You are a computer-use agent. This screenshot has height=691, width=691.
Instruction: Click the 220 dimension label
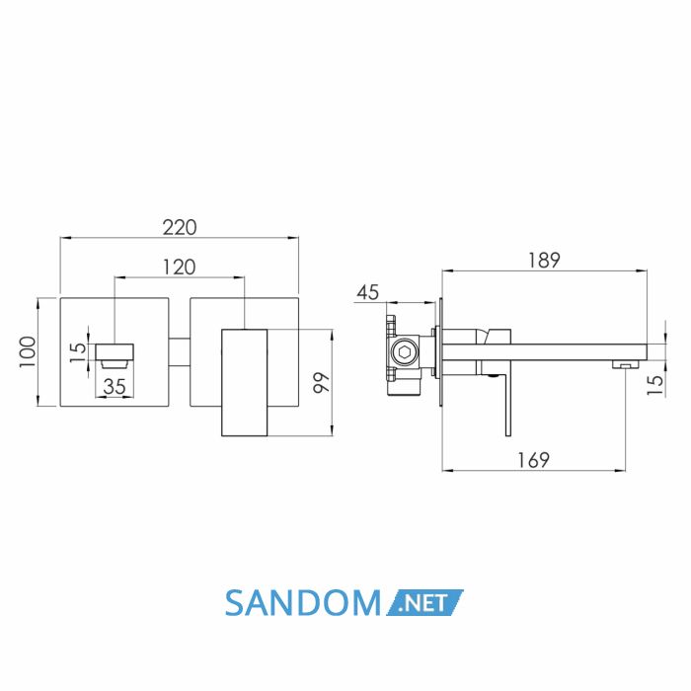[180, 227]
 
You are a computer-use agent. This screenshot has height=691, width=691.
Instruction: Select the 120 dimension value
[180, 268]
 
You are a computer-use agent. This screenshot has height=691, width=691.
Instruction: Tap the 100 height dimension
[28, 352]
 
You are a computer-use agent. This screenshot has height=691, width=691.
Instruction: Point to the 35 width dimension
[115, 387]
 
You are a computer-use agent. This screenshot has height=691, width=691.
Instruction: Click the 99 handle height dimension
[321, 383]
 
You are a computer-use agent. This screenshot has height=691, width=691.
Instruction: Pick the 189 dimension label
[544, 260]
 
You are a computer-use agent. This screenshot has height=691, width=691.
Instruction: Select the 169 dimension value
[533, 461]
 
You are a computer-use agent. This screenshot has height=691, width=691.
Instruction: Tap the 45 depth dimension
[368, 292]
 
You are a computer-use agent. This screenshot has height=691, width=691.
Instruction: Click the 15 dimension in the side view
[655, 385]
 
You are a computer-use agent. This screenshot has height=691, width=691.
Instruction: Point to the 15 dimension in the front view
[78, 351]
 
